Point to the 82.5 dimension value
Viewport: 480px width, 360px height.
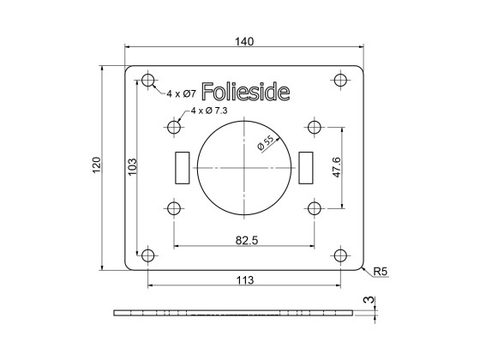pyautogui.click(x=245, y=240)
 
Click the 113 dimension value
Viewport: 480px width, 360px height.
pyautogui.click(x=245, y=279)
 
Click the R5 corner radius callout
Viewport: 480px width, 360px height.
pyautogui.click(x=380, y=273)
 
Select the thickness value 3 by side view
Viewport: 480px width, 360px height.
pyautogui.click(x=367, y=300)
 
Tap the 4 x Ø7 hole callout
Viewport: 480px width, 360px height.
pyautogui.click(x=182, y=93)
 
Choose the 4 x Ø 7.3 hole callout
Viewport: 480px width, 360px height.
pyautogui.click(x=209, y=111)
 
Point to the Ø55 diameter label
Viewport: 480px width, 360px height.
pyautogui.click(x=265, y=143)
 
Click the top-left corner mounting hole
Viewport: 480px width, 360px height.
pyautogui.click(x=148, y=81)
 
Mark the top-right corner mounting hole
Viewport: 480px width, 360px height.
pyautogui.click(x=341, y=81)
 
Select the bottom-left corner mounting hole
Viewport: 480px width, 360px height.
pyautogui.click(x=148, y=255)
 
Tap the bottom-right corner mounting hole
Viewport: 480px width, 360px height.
pyautogui.click(x=341, y=255)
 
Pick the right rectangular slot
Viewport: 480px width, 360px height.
pyautogui.click(x=308, y=168)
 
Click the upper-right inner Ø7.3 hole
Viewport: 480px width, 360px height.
pyautogui.click(x=315, y=129)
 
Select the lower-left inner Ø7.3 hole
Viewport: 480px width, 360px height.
pyautogui.click(x=175, y=208)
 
